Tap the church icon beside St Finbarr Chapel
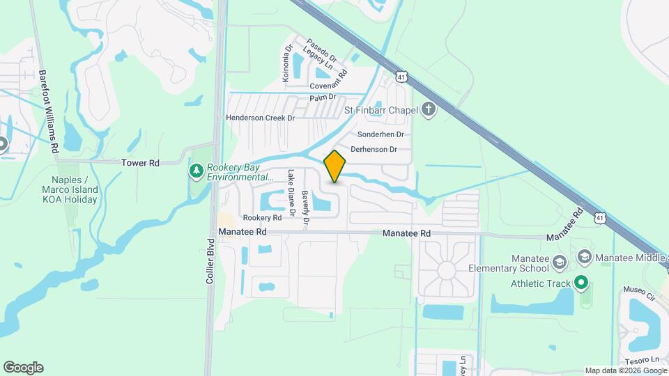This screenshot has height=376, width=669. [429, 109]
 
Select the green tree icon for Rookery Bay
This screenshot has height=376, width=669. [197, 171]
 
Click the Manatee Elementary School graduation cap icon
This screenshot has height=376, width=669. [558, 262]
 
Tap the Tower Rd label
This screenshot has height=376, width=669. [141, 163]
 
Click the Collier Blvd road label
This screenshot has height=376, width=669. [210, 262]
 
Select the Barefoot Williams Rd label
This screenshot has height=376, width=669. [47, 111]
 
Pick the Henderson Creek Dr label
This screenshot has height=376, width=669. [260, 118]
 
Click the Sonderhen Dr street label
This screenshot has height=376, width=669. [380, 134]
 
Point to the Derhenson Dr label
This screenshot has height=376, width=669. [374, 149]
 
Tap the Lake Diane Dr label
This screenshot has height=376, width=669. [292, 194]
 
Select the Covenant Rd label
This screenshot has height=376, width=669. [328, 86]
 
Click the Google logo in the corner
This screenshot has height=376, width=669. [23, 368]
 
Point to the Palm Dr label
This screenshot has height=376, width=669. [323, 97]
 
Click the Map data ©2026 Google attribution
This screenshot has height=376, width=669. [625, 370]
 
